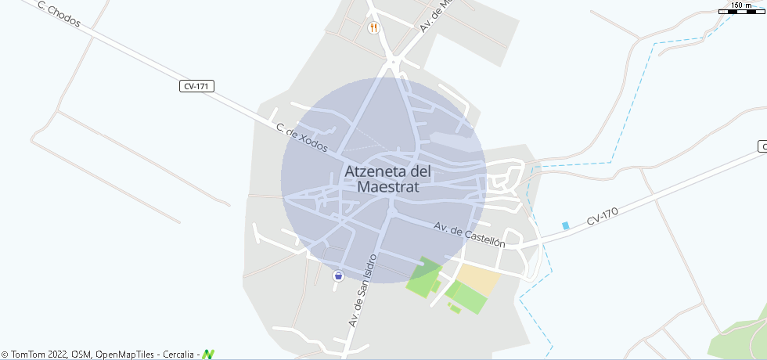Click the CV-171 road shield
(196, 86)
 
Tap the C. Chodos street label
(58, 13)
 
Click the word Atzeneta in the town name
(377, 171)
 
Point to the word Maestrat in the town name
(388, 188)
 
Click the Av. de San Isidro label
(363, 290)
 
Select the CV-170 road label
(603, 217)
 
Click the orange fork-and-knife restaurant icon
(374, 28)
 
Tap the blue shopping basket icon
(338, 275)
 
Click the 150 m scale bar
(741, 11)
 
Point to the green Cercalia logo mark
(208, 355)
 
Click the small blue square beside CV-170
(566, 225)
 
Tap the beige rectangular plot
(477, 279)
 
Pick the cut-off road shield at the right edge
(762, 146)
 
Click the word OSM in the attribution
(81, 355)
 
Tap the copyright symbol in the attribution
(5, 355)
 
